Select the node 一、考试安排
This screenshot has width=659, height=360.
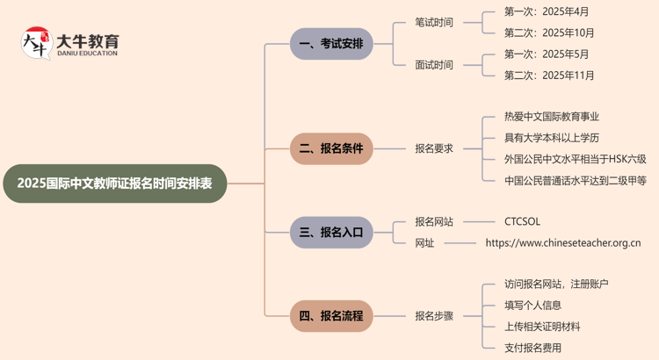(x=331, y=44)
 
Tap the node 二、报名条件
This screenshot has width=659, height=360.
(x=331, y=148)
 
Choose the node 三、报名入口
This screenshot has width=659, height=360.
(x=331, y=233)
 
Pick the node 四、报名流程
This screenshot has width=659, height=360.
(x=331, y=315)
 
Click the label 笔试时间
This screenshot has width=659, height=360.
(x=434, y=23)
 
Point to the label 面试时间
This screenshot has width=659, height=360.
(x=434, y=65)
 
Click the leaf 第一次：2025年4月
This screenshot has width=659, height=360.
(x=547, y=12)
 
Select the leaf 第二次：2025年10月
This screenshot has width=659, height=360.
(x=549, y=33)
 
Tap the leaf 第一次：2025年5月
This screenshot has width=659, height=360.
(x=547, y=54)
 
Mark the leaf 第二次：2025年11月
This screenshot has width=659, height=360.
(x=549, y=76)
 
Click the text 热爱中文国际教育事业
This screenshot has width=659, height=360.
(x=552, y=117)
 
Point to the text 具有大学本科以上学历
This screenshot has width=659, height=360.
(x=552, y=138)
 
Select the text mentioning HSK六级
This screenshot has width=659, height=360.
(x=576, y=159)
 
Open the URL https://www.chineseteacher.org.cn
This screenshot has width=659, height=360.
(x=563, y=243)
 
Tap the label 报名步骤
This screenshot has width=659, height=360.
(x=434, y=315)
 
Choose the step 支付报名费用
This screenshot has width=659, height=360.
(x=533, y=348)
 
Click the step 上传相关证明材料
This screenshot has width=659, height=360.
(x=542, y=327)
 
